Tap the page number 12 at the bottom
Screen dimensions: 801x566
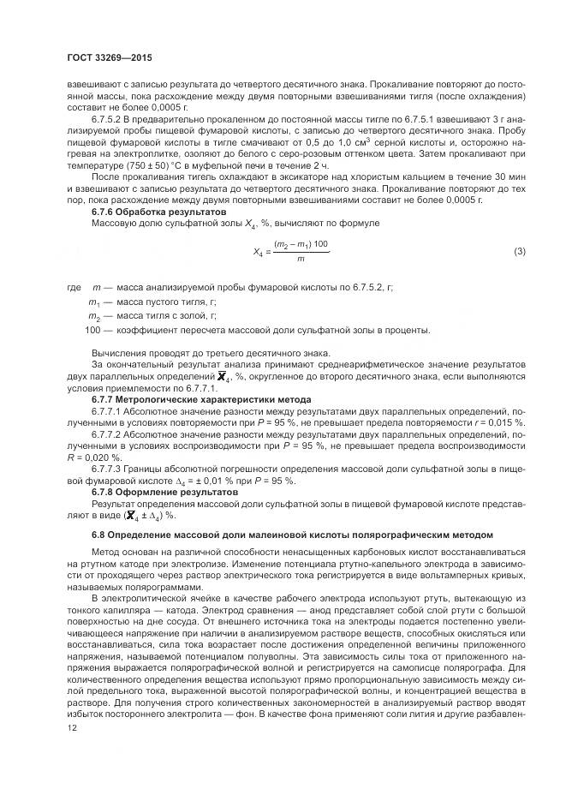(71, 726)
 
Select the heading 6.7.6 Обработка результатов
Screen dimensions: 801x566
(158, 211)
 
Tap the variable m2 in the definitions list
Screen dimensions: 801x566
(94, 316)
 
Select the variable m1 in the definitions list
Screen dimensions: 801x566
(94, 302)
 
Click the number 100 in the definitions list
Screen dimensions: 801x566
(93, 330)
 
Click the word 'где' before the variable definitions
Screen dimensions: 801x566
(74, 288)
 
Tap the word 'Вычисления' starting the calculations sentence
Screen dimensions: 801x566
(118, 352)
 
